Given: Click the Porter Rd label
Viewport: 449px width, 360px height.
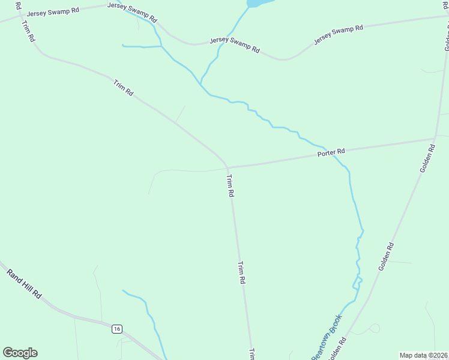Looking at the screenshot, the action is click(331, 154).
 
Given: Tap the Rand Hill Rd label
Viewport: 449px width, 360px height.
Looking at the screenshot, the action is click(24, 283).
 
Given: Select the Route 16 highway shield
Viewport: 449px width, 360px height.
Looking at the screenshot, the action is click(117, 329).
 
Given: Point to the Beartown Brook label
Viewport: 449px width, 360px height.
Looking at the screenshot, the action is click(326, 337).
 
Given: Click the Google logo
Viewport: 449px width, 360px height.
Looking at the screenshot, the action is click(20, 353).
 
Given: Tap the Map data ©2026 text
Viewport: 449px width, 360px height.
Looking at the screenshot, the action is click(423, 355).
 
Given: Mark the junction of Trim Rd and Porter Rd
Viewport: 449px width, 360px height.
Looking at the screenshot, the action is click(227, 167).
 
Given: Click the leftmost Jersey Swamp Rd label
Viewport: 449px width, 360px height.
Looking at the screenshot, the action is click(52, 11).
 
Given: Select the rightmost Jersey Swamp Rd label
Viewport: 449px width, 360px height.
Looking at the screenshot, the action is click(339, 35).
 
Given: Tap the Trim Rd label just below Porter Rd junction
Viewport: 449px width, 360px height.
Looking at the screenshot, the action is click(230, 185).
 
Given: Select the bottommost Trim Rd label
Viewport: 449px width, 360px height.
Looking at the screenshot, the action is click(252, 353).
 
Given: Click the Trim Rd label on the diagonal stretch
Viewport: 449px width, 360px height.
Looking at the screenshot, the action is click(123, 88).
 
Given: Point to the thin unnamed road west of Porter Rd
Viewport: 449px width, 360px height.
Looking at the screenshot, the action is click(180, 170).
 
